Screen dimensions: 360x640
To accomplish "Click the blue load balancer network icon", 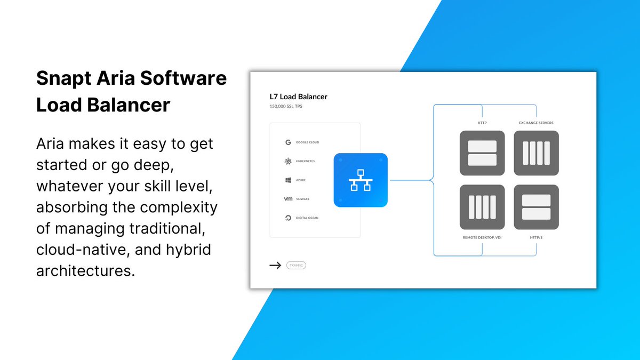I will [x=361, y=180].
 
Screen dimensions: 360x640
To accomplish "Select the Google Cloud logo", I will [x=288, y=142].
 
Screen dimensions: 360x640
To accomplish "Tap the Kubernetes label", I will [x=306, y=161].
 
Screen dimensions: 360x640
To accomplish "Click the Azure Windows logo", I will [x=288, y=180].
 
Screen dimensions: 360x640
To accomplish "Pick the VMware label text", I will [x=302, y=199].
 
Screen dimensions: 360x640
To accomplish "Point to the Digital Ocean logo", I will [x=288, y=218].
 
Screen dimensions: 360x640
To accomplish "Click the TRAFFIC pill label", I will [x=296, y=265].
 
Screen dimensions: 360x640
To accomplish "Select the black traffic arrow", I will [x=275, y=265].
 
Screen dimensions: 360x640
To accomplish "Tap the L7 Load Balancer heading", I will [x=298, y=97].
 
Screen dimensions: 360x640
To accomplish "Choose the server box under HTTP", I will [x=482, y=153].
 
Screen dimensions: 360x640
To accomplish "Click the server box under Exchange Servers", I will [x=536, y=153].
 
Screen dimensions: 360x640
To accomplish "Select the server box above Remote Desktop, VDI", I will [x=482, y=207].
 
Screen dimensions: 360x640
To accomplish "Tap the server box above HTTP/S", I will [x=536, y=207].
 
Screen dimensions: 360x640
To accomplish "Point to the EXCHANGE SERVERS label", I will [x=536, y=123].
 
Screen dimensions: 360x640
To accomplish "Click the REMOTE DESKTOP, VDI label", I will [x=482, y=237].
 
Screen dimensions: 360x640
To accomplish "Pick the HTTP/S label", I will [x=536, y=237].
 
